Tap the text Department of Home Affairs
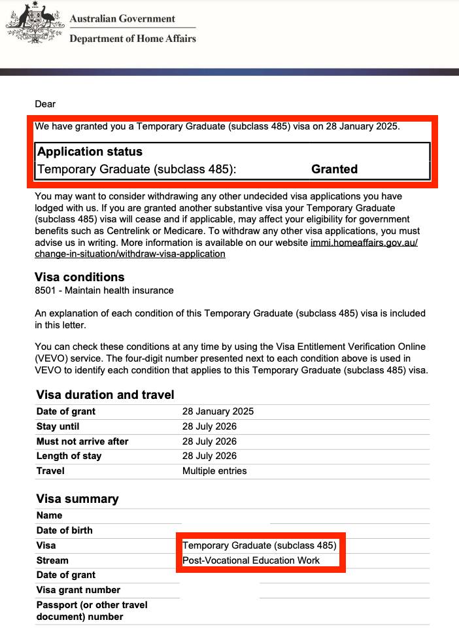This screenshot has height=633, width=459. pos(132,39)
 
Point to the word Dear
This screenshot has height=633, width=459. pos(45,104)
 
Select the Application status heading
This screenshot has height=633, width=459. pos(90,152)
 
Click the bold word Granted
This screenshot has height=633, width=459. pos(334,169)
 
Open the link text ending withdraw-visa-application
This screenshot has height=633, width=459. pos(130,254)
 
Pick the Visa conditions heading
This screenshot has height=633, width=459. pos(79,277)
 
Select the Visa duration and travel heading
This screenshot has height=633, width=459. pos(105,394)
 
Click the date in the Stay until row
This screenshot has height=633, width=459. pos(209,426)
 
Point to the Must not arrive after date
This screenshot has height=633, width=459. pos(209,441)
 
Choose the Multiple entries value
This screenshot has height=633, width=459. pos(214,471)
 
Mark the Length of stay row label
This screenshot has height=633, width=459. pos(69,456)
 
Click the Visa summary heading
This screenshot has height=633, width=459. pos(77,499)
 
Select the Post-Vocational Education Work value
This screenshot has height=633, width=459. pos(251,560)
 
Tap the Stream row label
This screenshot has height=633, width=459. pos(52,560)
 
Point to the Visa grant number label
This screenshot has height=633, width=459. pos(78,590)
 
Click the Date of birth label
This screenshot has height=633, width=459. pos(64,530)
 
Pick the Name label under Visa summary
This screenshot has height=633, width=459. pos(50,515)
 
